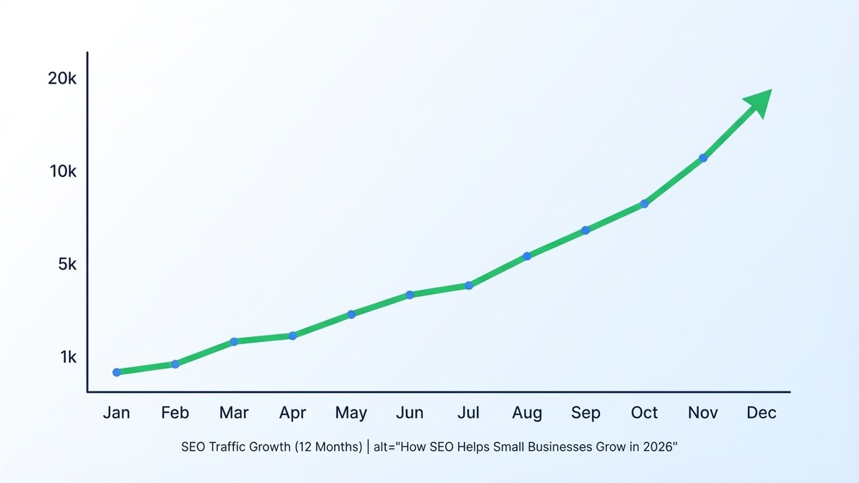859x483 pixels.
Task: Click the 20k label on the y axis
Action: (62, 79)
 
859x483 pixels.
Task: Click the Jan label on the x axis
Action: (116, 413)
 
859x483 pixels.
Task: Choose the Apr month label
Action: (292, 413)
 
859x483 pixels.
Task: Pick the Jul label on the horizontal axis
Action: (468, 413)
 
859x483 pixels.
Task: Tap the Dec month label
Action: (761, 413)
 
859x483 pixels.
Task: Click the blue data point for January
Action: (117, 372)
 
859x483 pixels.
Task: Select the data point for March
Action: (234, 341)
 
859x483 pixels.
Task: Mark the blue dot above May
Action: (351, 314)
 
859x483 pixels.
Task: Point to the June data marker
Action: (410, 295)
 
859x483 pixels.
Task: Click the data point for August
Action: (528, 256)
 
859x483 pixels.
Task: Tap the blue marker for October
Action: (644, 204)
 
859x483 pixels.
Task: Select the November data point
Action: (703, 157)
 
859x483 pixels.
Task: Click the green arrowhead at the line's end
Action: (759, 102)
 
